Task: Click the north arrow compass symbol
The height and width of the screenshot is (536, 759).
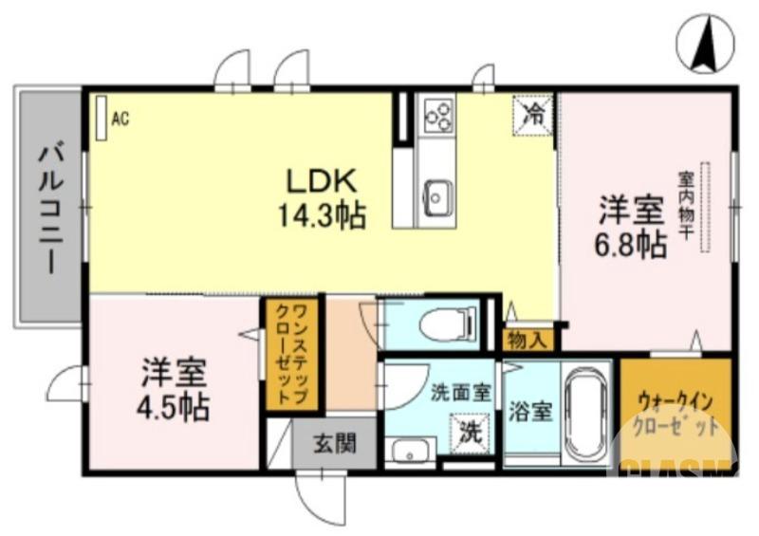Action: tap(706, 45)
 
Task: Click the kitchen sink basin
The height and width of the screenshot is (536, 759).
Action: tap(437, 196)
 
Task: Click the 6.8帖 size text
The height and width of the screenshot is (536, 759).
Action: tap(630, 245)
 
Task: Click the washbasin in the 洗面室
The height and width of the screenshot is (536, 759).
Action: tap(410, 451)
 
